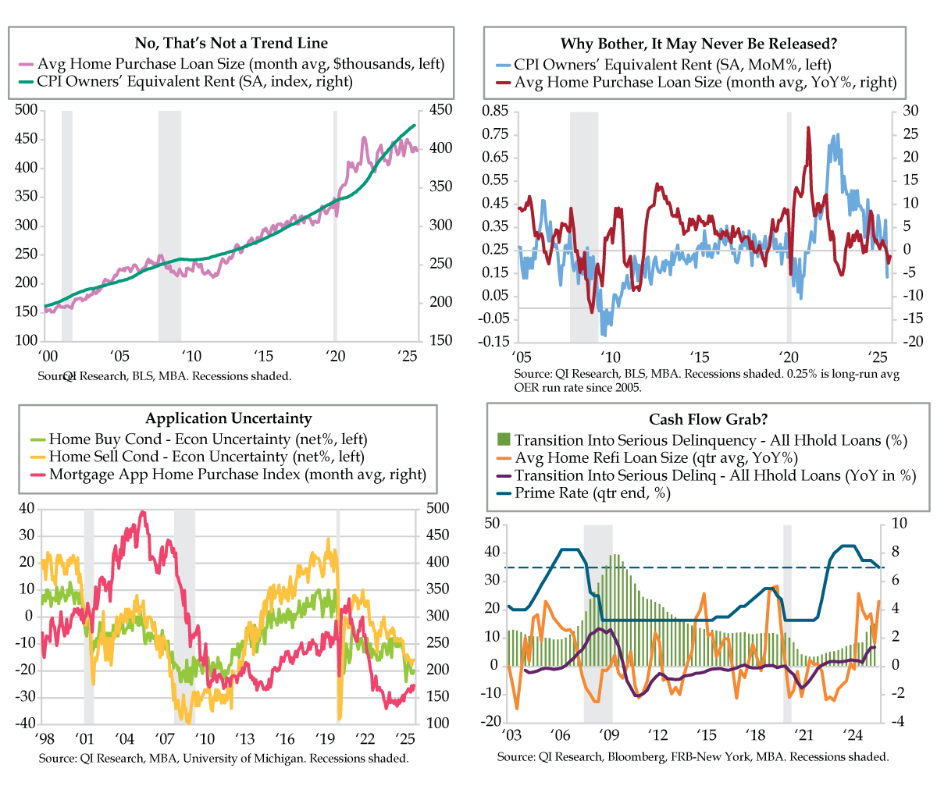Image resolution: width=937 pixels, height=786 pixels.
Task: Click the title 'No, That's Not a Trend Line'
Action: pyautogui.click(x=231, y=42)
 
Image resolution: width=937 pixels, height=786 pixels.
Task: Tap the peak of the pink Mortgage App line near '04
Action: pyautogui.click(x=142, y=512)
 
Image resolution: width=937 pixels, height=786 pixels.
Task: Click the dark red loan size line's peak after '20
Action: pyautogui.click(x=808, y=127)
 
